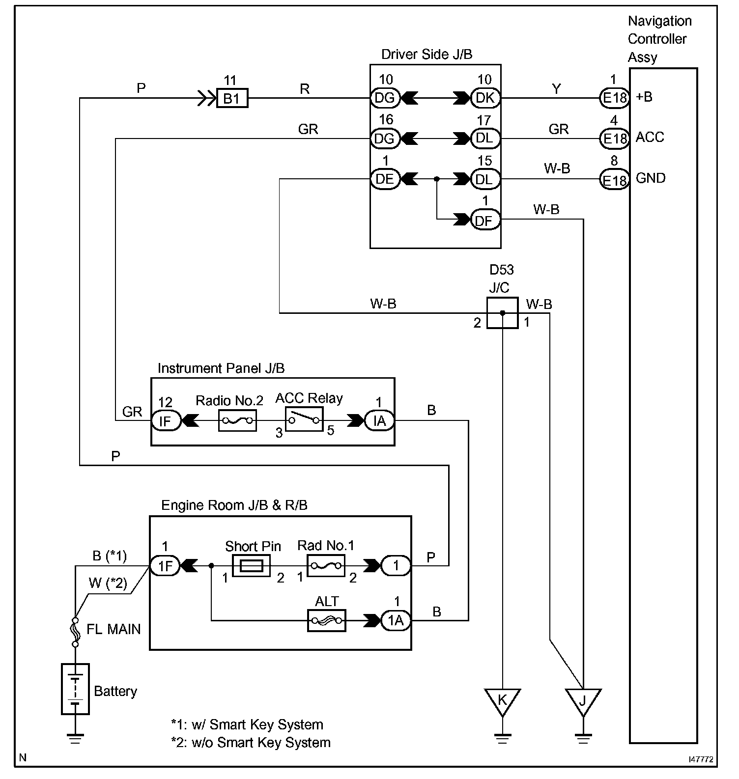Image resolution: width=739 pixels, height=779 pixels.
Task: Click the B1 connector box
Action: point(232,98)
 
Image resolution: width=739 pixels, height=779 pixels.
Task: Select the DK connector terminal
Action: point(485,98)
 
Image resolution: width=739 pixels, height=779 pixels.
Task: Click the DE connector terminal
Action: point(385,179)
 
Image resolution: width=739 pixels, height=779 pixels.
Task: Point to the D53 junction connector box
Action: point(502,313)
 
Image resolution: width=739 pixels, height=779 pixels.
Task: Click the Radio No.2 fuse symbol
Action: point(237,421)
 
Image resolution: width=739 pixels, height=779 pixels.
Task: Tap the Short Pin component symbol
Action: point(251,566)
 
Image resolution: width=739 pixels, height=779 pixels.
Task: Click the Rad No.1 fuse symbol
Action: point(326,566)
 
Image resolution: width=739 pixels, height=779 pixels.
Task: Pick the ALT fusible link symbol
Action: point(327,621)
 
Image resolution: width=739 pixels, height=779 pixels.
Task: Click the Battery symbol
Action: point(75,689)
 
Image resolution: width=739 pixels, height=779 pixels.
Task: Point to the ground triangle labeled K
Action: point(502,701)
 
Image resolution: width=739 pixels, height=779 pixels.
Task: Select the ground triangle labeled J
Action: point(583,701)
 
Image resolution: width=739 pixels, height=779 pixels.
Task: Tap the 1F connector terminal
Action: point(165,566)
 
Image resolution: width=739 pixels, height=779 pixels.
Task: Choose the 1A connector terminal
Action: point(396,621)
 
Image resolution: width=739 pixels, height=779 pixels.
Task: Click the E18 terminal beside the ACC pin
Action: point(614,139)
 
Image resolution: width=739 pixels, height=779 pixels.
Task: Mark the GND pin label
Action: point(651,178)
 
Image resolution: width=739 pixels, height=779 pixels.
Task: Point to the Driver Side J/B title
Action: point(426,55)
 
